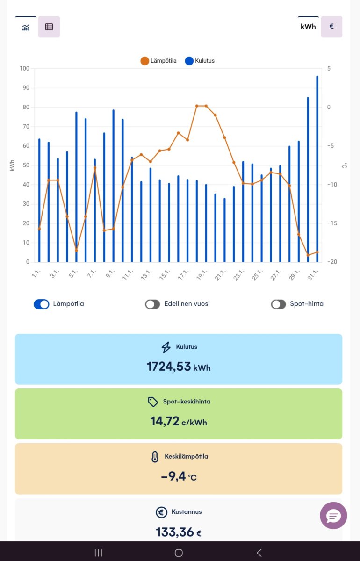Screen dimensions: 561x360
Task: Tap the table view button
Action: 49,27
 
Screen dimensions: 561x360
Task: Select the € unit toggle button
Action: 331,27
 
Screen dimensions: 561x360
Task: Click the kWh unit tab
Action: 308,27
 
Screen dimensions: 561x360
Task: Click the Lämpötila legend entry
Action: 158,61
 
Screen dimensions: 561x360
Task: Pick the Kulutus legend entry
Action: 200,61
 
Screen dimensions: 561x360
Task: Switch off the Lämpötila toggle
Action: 42,304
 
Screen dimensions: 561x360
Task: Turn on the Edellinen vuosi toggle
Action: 152,304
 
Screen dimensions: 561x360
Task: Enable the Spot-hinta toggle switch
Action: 278,304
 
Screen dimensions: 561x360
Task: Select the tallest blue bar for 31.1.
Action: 317,168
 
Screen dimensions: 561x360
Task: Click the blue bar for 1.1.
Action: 39,201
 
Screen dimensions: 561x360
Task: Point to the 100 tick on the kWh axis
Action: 24,69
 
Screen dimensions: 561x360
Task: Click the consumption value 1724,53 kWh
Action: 179,367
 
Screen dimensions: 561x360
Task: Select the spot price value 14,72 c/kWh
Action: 179,421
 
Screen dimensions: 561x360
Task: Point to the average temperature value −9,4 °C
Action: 179,476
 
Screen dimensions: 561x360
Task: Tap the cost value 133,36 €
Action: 179,532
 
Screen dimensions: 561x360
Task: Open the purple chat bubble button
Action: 333,516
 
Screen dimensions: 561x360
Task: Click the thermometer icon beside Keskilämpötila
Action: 155,457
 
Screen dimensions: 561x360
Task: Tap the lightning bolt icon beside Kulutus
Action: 166,347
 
